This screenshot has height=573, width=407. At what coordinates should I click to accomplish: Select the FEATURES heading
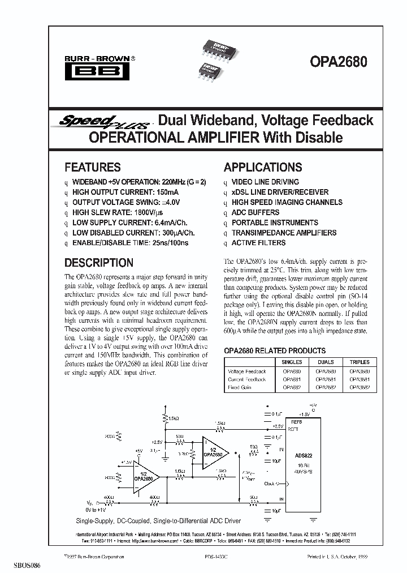click(x=93, y=167)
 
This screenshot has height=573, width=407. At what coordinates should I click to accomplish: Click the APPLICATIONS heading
click(x=263, y=167)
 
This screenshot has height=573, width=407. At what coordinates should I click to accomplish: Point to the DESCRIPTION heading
click(x=99, y=263)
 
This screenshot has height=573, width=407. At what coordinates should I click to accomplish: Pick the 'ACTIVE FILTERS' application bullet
click(x=258, y=243)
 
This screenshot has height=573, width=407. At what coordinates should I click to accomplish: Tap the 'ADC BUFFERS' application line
click(x=256, y=212)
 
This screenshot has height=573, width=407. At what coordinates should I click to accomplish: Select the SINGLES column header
click(x=292, y=362)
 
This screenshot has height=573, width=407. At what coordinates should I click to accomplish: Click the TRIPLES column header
click(x=360, y=362)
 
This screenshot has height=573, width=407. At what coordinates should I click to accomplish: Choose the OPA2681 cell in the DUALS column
click(x=326, y=379)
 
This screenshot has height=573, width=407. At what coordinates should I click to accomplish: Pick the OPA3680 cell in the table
click(x=360, y=371)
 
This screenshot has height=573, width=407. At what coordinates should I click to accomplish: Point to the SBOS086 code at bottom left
click(x=15, y=566)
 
